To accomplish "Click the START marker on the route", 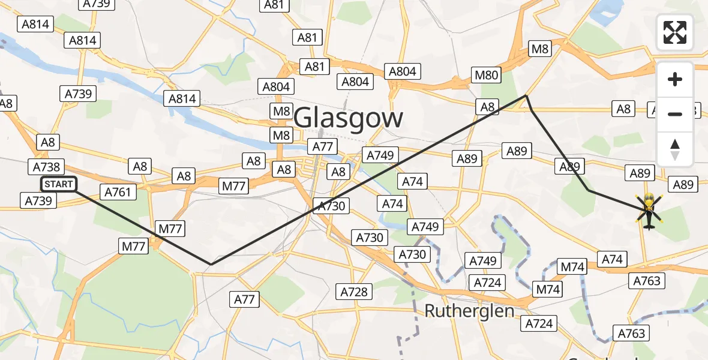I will (59, 184).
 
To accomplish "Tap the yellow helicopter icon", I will (649, 211).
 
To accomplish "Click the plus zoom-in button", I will (675, 79).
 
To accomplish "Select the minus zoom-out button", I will (675, 114).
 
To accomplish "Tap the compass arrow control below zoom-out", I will (675, 149).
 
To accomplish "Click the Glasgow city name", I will (349, 118).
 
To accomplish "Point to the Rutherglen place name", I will (470, 311).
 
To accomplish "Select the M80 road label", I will (486, 75).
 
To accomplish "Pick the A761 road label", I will (118, 192).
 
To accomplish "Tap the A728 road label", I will (354, 292).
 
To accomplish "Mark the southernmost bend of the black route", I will (211, 264).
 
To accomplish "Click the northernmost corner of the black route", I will (526, 95).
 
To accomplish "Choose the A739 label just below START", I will (38, 200).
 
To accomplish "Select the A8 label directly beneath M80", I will (488, 107).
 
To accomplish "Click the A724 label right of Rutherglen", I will (539, 324).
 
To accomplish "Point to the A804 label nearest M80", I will (402, 71).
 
